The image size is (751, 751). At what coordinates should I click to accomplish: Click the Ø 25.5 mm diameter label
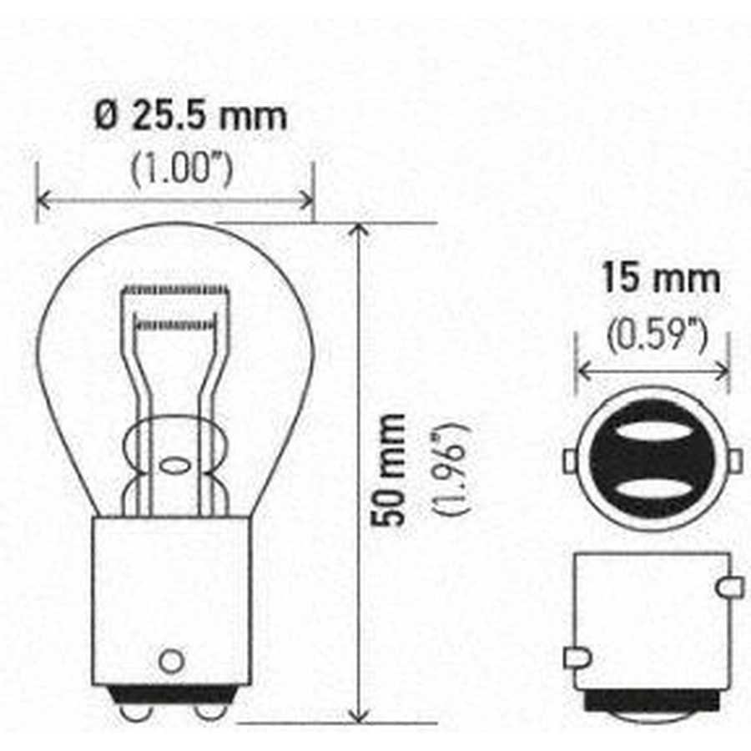[190, 115]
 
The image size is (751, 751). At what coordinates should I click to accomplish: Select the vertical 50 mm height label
[387, 471]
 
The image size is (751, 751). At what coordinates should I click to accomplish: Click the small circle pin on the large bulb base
[171, 661]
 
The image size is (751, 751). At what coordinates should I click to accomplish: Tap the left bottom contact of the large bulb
[135, 713]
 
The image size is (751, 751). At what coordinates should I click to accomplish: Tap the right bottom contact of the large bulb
[209, 713]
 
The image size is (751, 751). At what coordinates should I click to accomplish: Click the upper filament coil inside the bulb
[174, 290]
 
